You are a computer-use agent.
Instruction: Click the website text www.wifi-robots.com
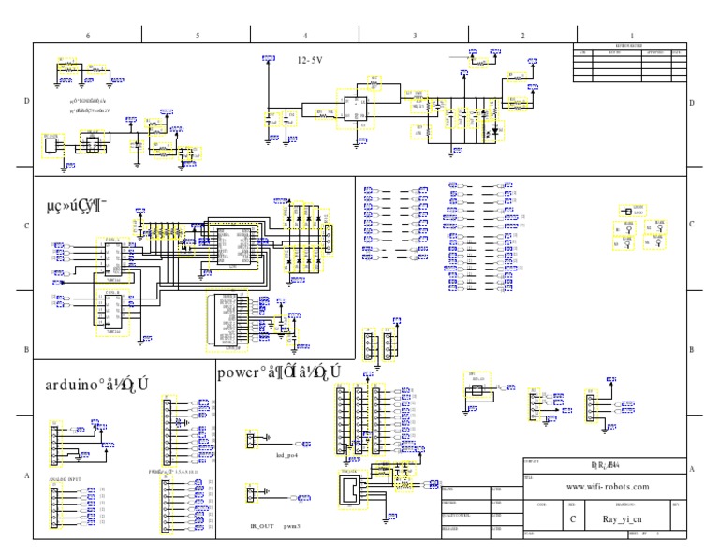(609, 487)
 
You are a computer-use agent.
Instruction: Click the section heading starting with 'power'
(278, 372)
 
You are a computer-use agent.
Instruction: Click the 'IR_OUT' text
(260, 527)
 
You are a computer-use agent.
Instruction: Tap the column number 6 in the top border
(88, 35)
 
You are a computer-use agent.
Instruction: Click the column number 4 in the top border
(306, 35)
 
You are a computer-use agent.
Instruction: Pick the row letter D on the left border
(26, 103)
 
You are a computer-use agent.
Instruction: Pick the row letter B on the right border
(691, 349)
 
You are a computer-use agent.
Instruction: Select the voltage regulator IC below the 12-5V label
(357, 110)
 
